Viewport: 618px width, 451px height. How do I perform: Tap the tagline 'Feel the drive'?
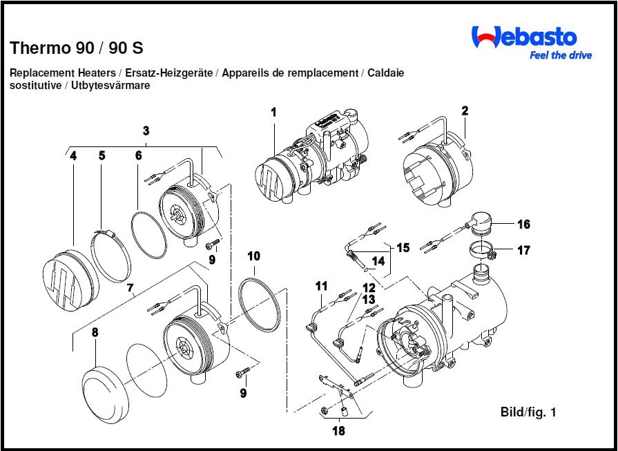[560, 56]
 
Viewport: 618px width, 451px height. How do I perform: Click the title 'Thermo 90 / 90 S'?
[77, 48]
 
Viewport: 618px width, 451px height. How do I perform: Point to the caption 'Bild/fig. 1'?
[528, 412]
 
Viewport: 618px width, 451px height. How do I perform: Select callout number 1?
[273, 111]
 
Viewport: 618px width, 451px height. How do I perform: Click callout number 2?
[465, 111]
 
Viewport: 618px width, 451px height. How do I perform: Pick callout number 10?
[253, 256]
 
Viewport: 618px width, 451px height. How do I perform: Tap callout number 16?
[523, 224]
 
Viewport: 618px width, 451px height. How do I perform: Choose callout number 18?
[338, 432]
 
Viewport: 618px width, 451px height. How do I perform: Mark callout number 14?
[378, 262]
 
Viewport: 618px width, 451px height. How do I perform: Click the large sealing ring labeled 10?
[260, 304]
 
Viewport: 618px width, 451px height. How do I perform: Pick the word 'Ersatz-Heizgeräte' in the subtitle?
[170, 73]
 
